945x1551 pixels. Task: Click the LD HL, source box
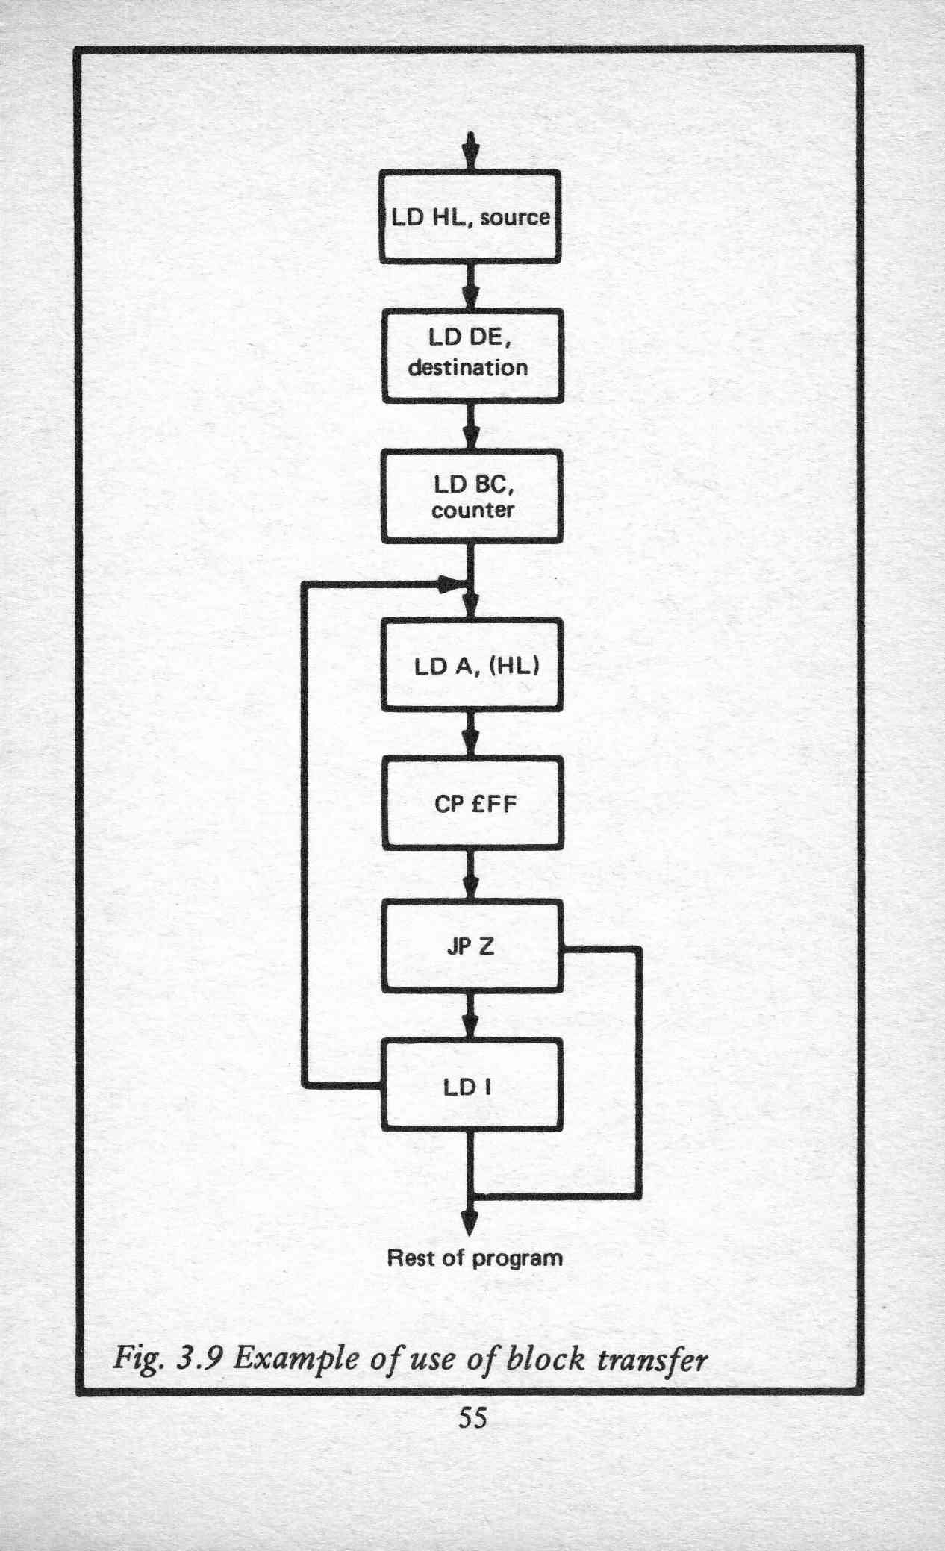(x=470, y=216)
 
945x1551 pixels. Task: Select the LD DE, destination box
(x=472, y=356)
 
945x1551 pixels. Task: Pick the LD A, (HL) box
(x=472, y=664)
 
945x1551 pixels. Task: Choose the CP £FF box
(x=473, y=803)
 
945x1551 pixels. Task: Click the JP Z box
(x=472, y=946)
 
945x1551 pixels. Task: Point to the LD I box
(x=471, y=1085)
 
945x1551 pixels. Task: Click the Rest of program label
(x=475, y=1258)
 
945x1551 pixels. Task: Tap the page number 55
(x=472, y=1417)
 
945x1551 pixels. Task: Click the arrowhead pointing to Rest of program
(x=469, y=1220)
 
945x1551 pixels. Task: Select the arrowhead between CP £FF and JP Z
(x=470, y=884)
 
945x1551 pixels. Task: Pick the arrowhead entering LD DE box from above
(x=470, y=293)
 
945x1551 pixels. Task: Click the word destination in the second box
(x=468, y=368)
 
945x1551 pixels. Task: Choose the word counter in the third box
(x=472, y=510)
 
